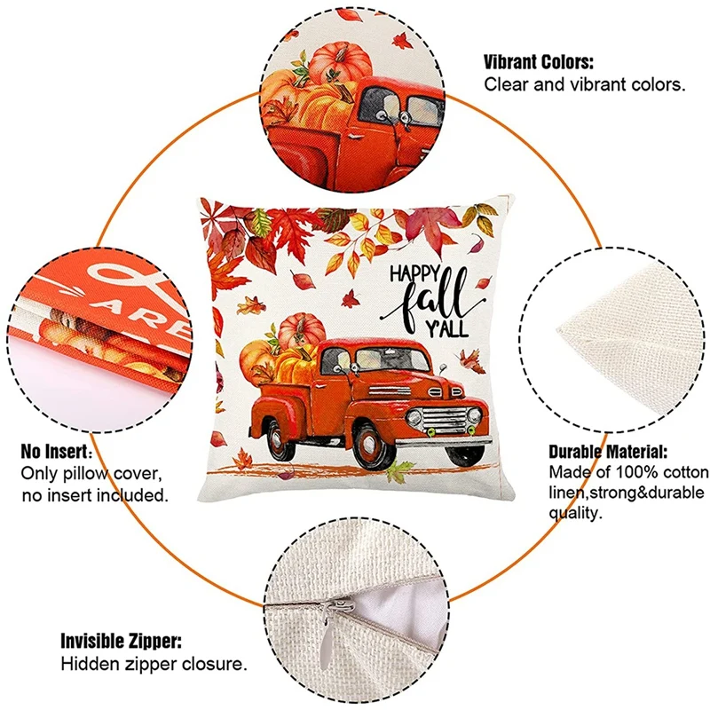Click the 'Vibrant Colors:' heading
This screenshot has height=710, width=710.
click(539, 62)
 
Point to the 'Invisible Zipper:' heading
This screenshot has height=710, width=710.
click(122, 641)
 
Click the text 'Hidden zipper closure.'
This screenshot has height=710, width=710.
click(154, 663)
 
